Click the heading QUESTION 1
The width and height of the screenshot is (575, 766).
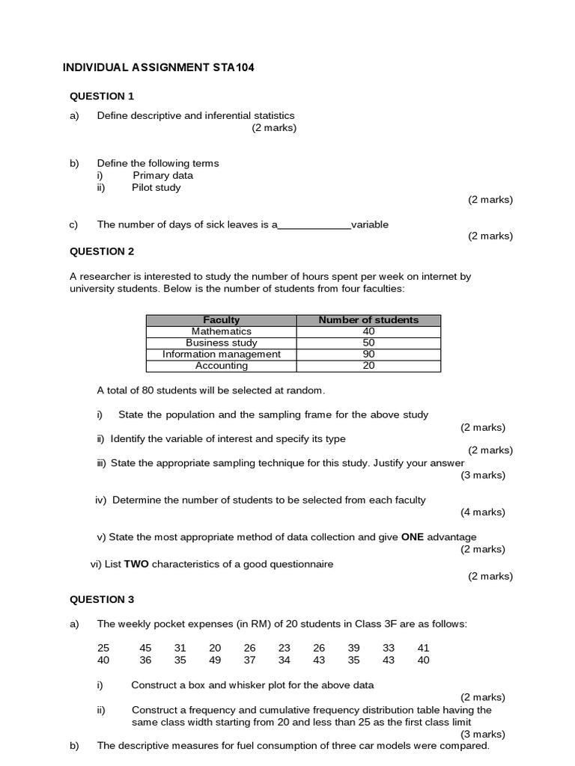102,96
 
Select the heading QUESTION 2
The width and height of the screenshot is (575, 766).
102,251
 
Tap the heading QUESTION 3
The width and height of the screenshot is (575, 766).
102,599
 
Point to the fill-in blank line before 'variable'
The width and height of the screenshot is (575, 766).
314,225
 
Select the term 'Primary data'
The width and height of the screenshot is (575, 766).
163,176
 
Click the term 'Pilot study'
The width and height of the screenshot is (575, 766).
156,188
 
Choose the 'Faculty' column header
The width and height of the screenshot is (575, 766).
222,320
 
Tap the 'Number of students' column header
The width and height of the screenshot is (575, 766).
368,320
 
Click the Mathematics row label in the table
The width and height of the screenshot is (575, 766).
222,331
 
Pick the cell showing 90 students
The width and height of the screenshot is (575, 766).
368,355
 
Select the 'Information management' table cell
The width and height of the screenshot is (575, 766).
222,355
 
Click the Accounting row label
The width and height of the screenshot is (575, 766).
222,366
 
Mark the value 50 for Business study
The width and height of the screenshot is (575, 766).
368,343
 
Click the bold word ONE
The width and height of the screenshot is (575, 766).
413,537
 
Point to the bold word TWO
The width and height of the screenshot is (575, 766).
136,564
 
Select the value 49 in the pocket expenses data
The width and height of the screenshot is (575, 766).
215,660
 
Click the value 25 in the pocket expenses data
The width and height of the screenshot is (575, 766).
103,648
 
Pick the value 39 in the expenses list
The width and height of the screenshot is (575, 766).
354,648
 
